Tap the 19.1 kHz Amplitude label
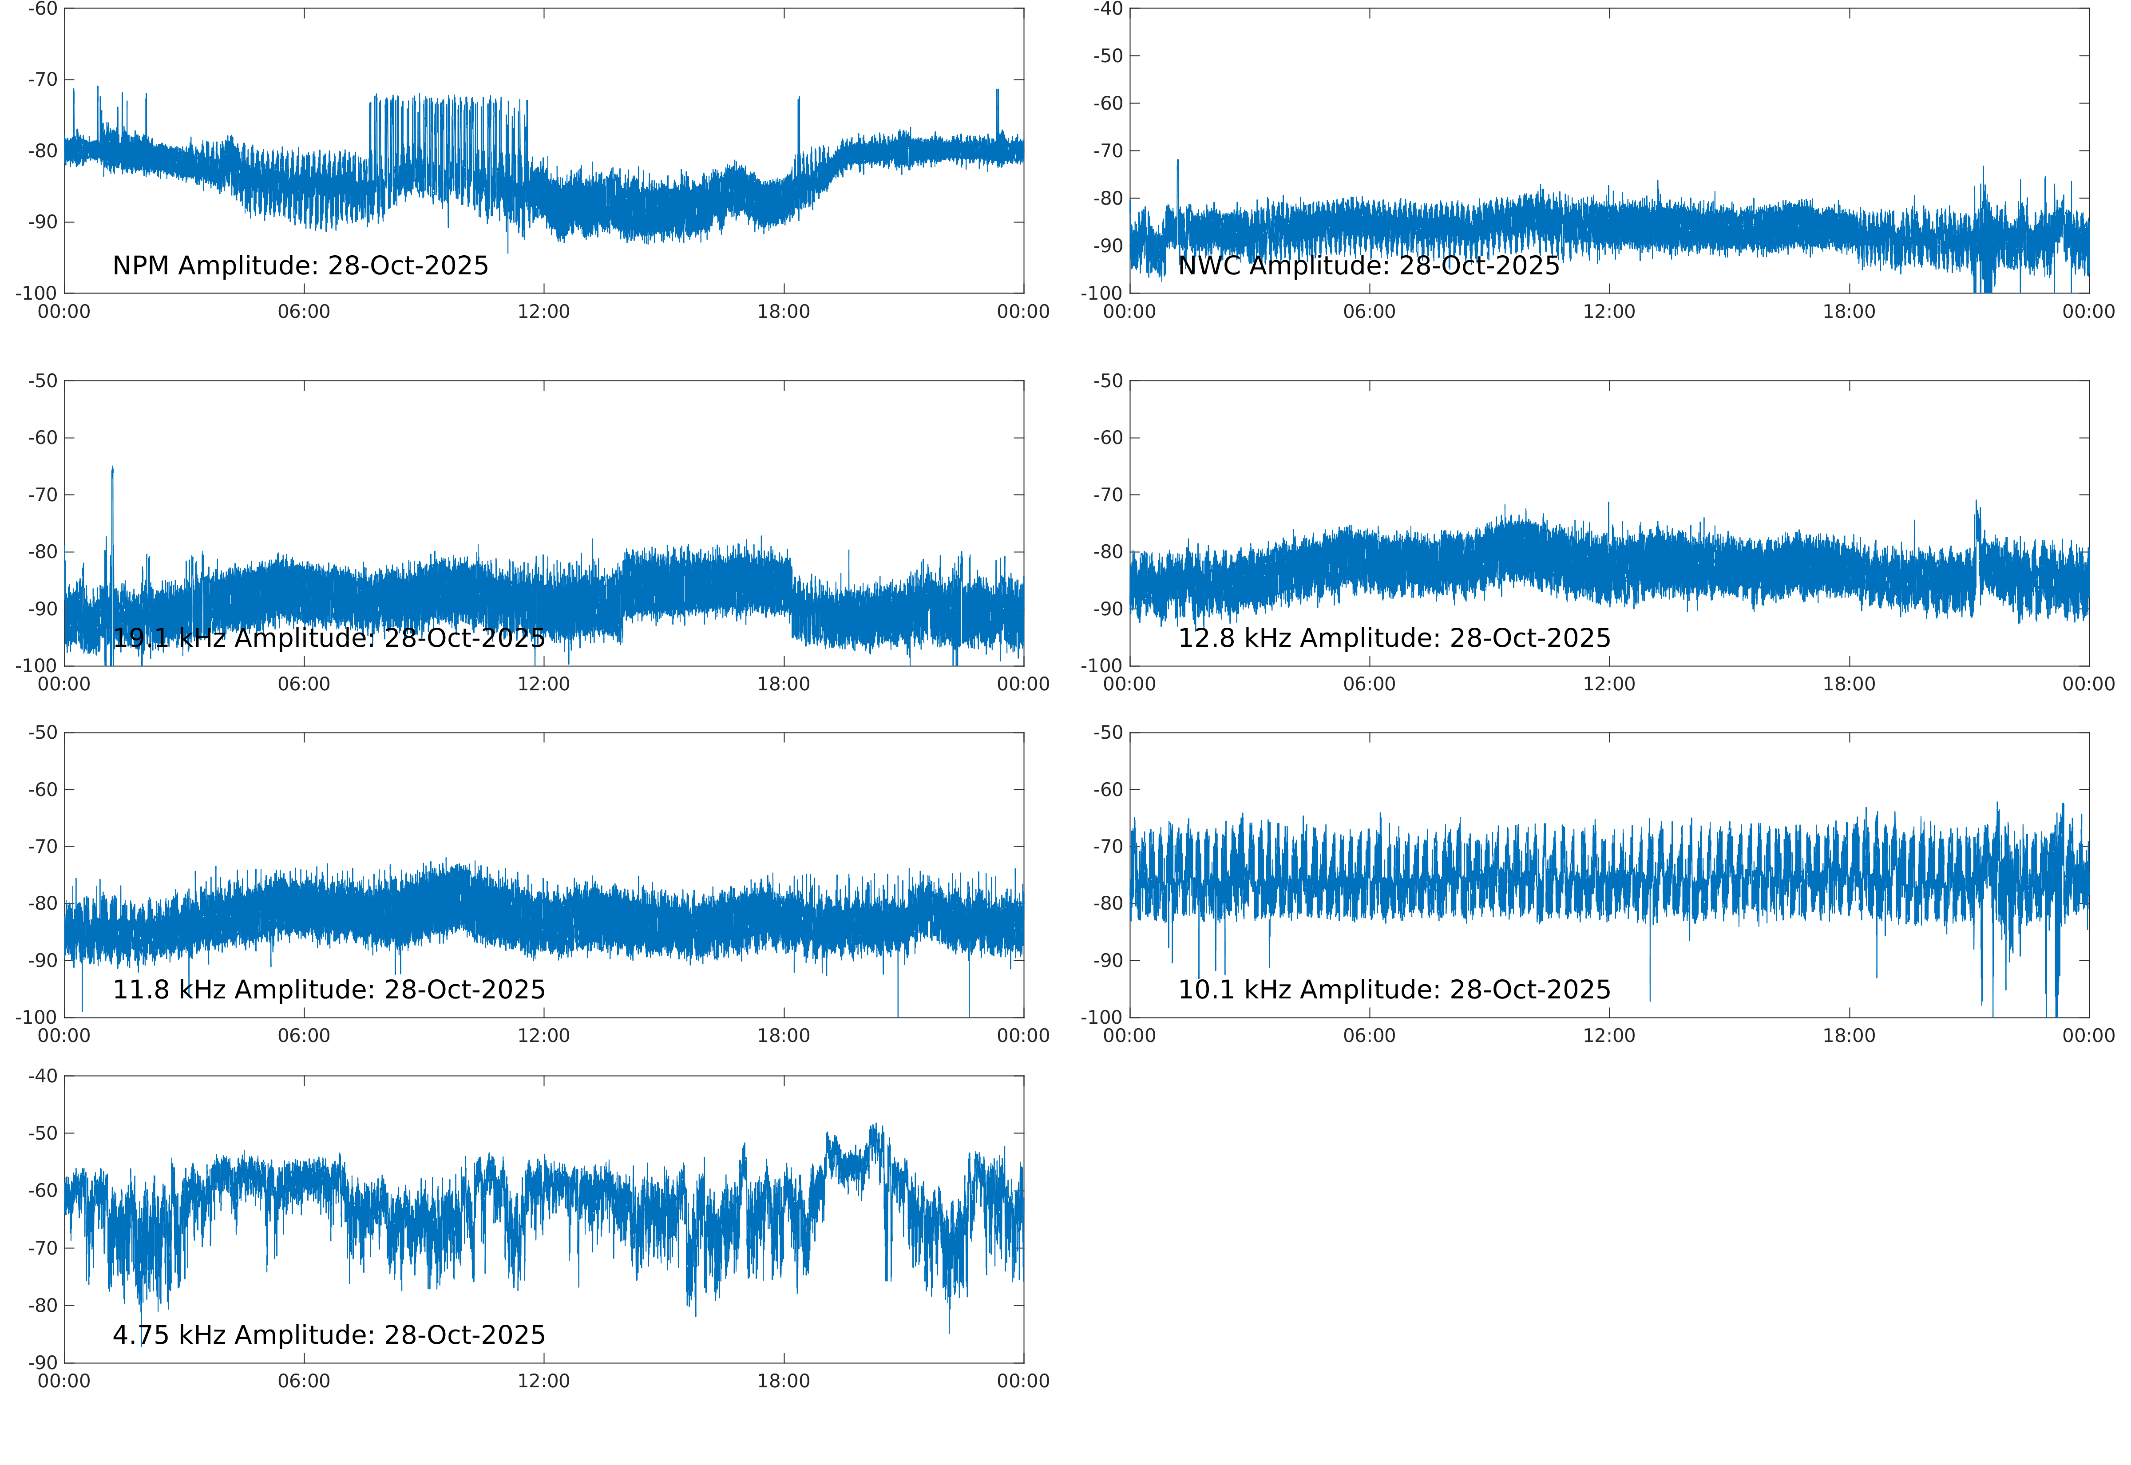(329, 638)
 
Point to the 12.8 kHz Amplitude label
(1393, 638)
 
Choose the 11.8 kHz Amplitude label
(329, 990)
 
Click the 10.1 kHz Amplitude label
(1393, 990)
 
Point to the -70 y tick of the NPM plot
(42, 80)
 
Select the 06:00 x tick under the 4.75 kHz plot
(304, 1382)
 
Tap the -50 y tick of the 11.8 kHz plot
(42, 732)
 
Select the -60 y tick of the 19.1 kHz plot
(42, 438)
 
